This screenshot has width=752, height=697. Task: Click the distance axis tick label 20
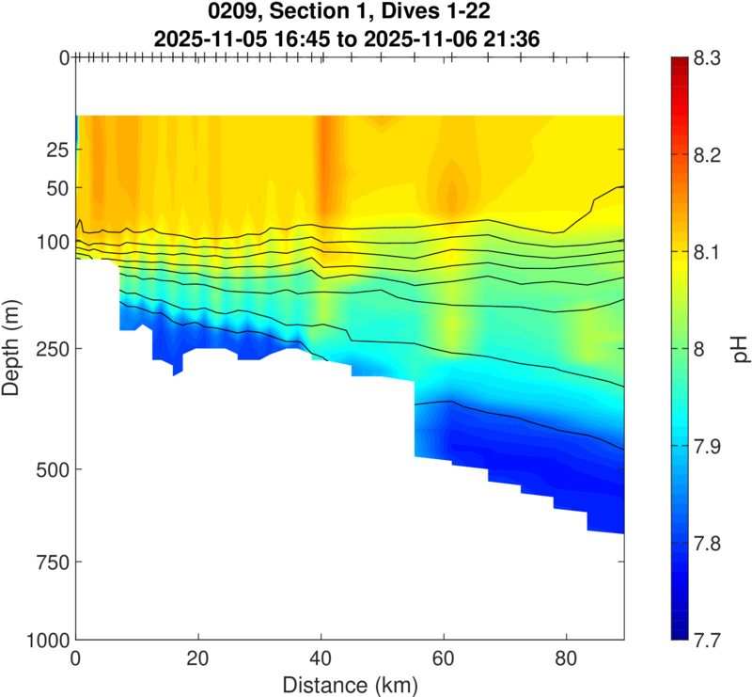[197, 659]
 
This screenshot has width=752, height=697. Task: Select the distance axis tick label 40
[321, 659]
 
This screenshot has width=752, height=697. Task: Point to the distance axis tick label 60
[443, 659]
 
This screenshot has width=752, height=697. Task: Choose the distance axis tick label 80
[566, 659]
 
